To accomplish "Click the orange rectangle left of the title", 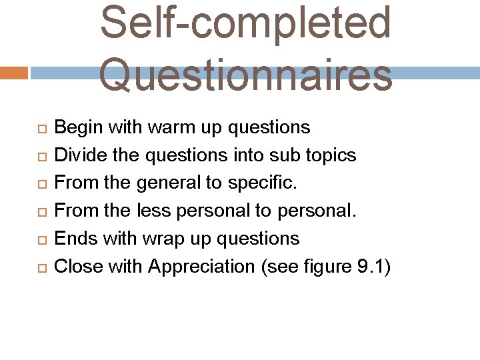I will click(x=13, y=73).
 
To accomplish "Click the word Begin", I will click(x=73, y=127).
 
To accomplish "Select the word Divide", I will click(x=75, y=155).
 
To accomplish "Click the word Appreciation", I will click(x=201, y=267).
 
